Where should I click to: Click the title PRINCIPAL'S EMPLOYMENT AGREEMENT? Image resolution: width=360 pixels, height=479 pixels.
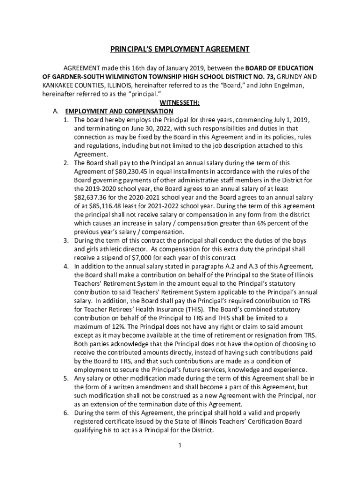180,49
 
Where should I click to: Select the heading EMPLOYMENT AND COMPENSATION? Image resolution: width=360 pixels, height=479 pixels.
119,111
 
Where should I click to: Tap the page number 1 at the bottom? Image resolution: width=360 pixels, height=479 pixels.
180,445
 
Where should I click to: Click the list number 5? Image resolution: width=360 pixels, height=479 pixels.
66,378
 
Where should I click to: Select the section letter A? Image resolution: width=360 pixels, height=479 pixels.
56,111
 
